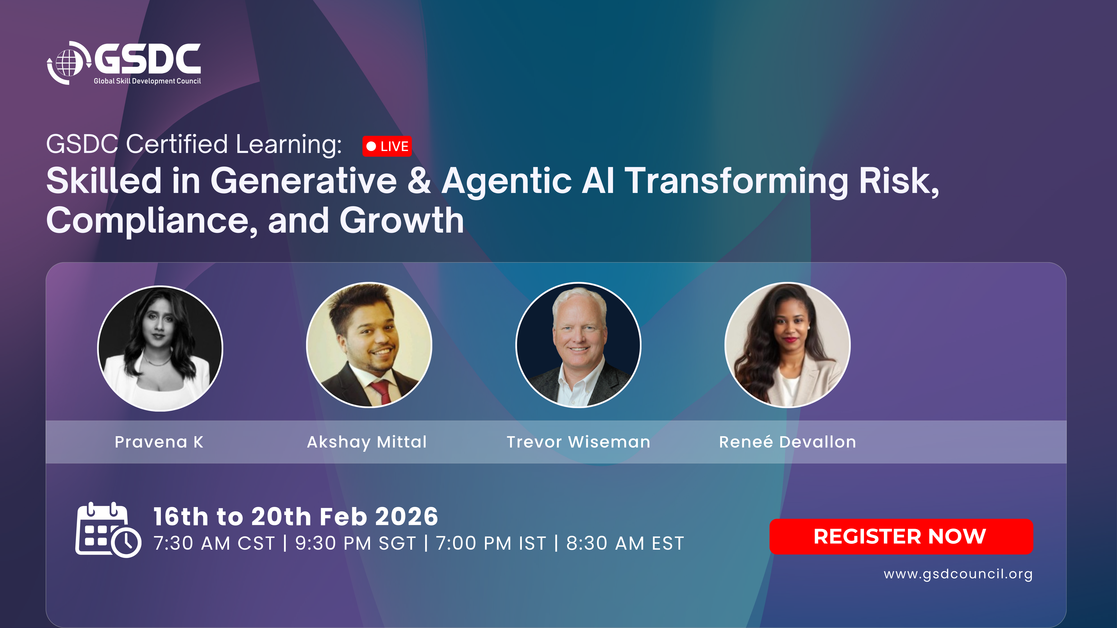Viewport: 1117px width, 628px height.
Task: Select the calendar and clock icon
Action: click(108, 530)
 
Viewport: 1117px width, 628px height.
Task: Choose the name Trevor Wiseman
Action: click(578, 442)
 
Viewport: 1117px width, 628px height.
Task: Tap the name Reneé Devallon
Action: click(787, 442)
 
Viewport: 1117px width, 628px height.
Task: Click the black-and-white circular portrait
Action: click(160, 349)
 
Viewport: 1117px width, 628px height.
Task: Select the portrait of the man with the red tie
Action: click(369, 345)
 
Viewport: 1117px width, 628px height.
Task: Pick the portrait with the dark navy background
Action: click(578, 345)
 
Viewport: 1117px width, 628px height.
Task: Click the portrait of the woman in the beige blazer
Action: click(787, 345)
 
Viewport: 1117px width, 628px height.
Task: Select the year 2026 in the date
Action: click(406, 517)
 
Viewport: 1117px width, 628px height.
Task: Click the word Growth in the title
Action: click(402, 221)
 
